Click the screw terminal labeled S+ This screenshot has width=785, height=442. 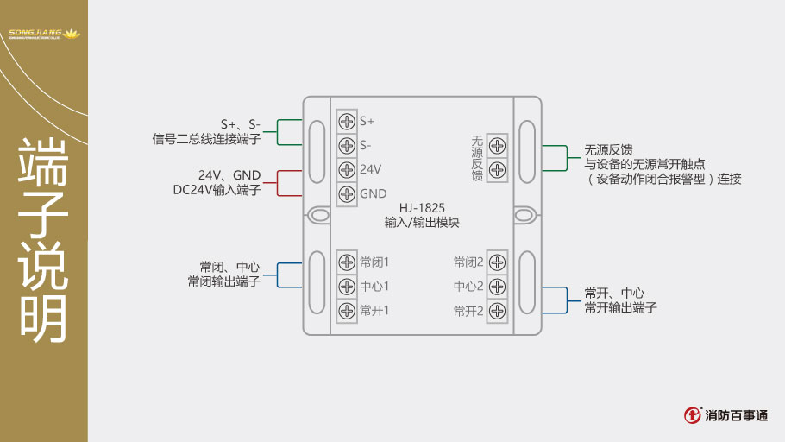(x=347, y=121)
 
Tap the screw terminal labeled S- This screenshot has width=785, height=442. (x=347, y=145)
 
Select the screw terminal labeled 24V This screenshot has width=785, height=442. (x=347, y=169)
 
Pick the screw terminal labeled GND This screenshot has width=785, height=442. (x=347, y=193)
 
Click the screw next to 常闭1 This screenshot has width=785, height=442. (x=347, y=262)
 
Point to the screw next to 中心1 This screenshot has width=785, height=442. (x=347, y=286)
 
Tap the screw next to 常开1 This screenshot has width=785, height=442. (x=347, y=310)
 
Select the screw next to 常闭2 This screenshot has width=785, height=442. (x=497, y=262)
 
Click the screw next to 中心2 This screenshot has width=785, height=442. (x=497, y=286)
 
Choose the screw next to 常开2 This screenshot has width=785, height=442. (x=497, y=310)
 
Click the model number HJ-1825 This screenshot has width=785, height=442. (x=422, y=208)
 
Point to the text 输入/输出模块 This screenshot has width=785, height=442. (x=422, y=223)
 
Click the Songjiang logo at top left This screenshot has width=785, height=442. (x=43, y=35)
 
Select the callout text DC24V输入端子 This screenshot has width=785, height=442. (x=217, y=189)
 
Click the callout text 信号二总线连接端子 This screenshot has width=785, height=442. (x=206, y=138)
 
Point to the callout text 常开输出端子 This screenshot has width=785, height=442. (x=620, y=307)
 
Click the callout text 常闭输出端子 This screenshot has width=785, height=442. (x=223, y=281)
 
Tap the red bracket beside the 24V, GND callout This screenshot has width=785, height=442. (x=278, y=181)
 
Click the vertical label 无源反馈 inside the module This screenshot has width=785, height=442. (x=477, y=158)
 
